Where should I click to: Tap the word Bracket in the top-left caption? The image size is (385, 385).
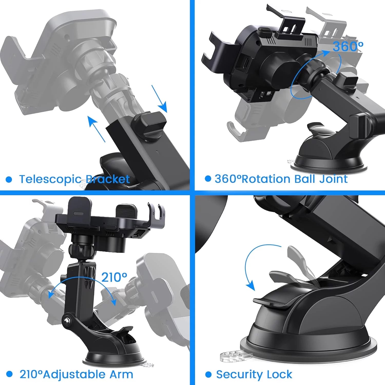coord(108,179)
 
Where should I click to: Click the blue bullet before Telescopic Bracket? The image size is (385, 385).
coord(9,179)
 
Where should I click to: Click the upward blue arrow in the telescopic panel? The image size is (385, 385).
coord(96,129)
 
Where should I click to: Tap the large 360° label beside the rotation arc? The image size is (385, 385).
coord(348,47)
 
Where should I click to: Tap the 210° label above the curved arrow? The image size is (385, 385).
coord(114,277)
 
